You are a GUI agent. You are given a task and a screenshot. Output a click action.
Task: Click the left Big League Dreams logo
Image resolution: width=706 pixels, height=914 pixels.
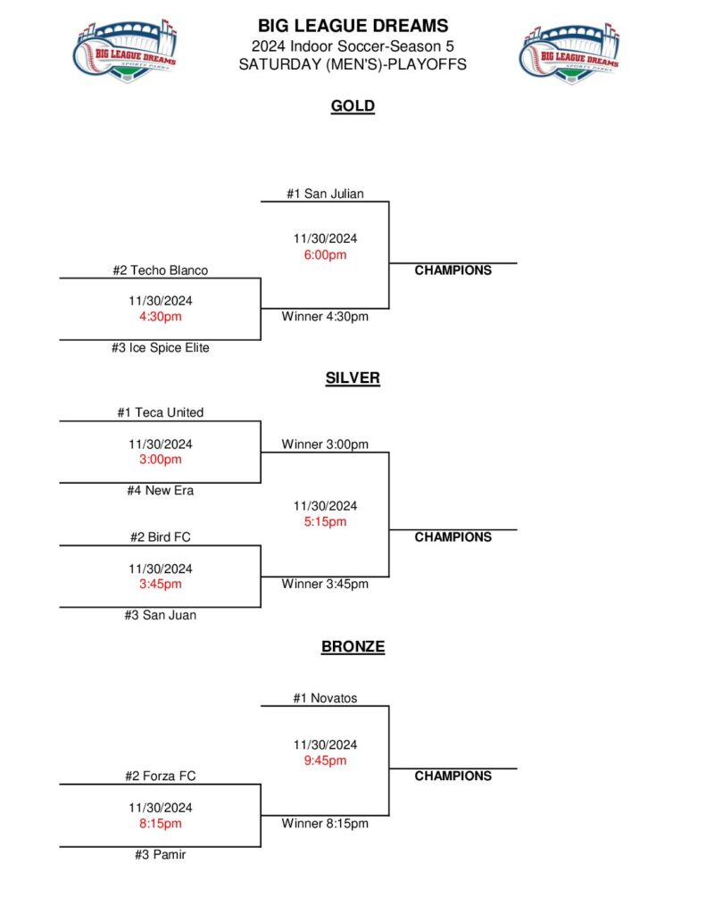(x=124, y=52)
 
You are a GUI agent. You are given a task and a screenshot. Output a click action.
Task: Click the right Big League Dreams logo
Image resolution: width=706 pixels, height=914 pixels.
(x=569, y=52)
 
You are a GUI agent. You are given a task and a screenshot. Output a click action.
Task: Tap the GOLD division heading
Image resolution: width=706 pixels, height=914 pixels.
(x=353, y=106)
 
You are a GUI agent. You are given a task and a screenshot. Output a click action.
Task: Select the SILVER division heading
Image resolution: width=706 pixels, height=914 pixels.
(x=353, y=378)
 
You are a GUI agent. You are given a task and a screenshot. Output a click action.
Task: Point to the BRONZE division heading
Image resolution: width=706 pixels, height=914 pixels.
(x=353, y=647)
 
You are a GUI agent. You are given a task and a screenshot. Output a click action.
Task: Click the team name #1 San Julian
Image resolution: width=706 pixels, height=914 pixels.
(x=325, y=194)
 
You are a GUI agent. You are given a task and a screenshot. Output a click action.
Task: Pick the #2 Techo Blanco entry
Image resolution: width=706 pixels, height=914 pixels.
(x=160, y=270)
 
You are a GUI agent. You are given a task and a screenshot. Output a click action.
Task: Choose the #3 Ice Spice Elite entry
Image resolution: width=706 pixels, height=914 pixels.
(x=160, y=348)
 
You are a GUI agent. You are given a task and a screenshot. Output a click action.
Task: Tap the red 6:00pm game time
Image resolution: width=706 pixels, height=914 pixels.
(x=325, y=254)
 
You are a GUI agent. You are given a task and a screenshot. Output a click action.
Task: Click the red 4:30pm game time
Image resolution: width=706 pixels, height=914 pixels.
(x=160, y=316)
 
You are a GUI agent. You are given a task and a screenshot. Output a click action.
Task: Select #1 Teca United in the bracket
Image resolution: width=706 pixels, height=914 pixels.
(x=160, y=412)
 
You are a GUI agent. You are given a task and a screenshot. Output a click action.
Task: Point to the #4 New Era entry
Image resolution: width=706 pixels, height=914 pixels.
(x=160, y=490)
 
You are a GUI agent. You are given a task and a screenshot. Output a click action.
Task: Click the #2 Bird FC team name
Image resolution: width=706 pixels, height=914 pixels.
(x=160, y=537)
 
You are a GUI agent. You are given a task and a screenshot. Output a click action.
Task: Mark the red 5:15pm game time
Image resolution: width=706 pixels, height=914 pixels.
(x=325, y=522)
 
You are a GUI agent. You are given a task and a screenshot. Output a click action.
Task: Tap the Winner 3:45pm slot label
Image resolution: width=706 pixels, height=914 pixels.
(x=325, y=585)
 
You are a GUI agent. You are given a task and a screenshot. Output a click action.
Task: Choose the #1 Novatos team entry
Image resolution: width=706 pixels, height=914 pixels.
(x=325, y=698)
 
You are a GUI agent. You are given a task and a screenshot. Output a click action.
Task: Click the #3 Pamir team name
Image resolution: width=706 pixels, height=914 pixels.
(x=160, y=855)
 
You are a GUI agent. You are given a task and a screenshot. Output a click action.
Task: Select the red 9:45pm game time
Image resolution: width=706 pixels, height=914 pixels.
(x=325, y=760)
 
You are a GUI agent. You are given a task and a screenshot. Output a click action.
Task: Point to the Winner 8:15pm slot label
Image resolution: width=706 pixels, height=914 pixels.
(x=325, y=824)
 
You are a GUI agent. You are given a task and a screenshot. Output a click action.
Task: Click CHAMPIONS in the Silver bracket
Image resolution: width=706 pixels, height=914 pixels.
(x=453, y=537)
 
